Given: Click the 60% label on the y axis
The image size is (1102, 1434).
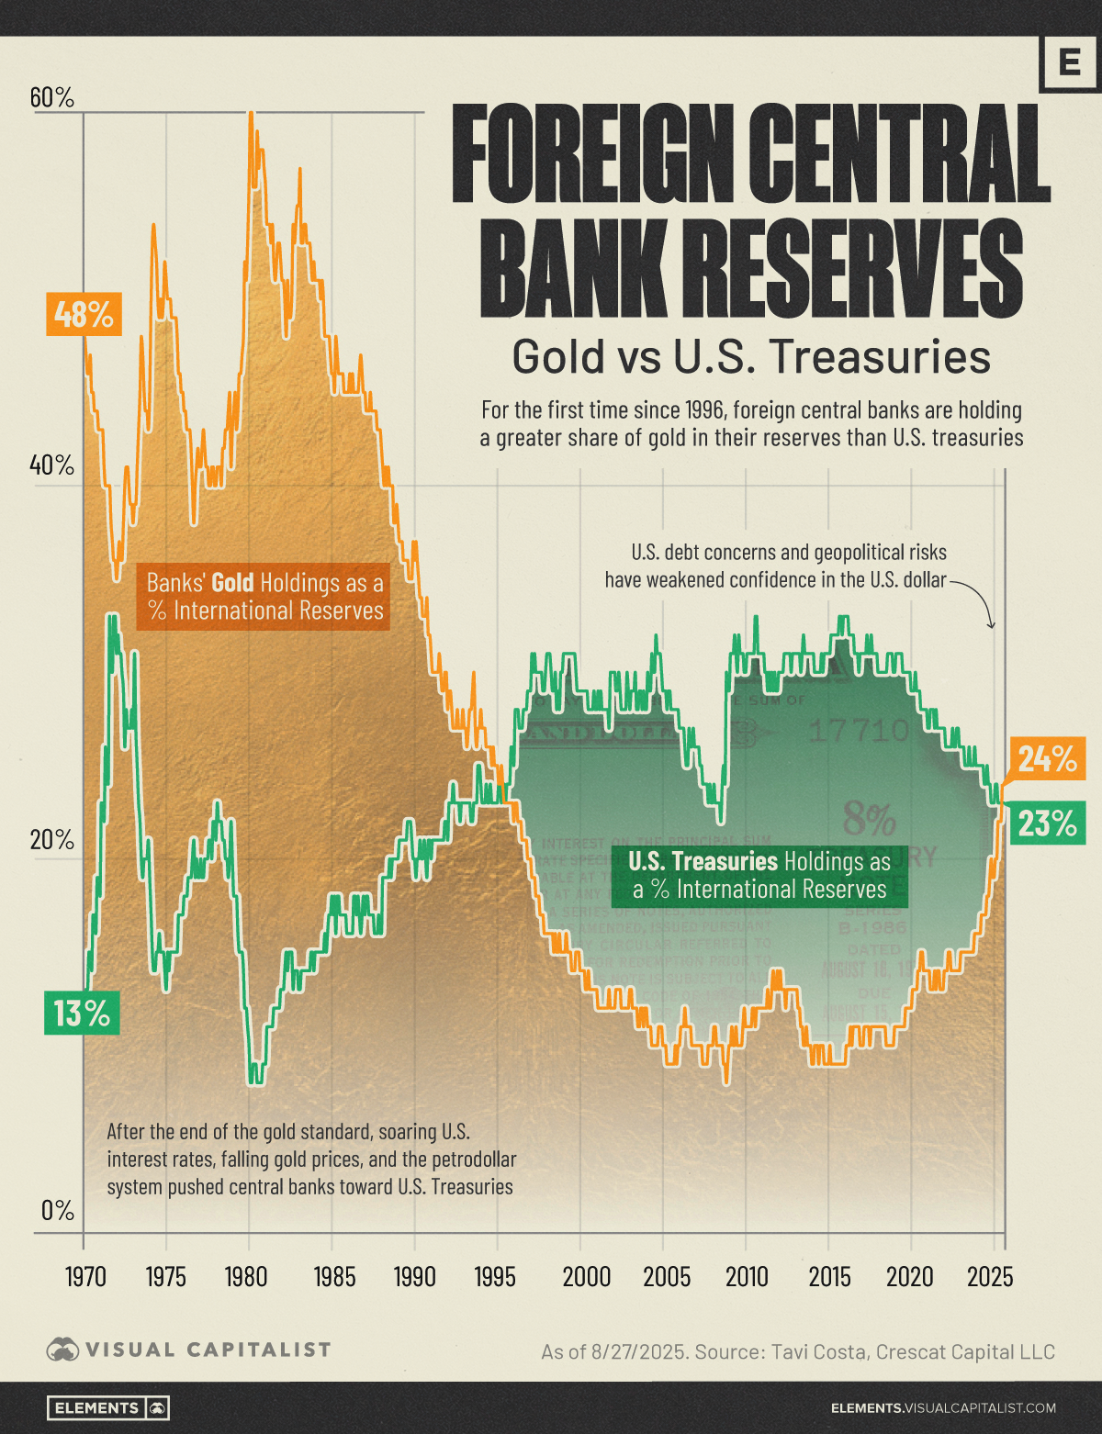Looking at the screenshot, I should tap(52, 97).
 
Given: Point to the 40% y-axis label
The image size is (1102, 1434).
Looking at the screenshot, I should tap(52, 465).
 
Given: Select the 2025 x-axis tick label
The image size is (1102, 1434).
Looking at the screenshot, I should tap(990, 1276).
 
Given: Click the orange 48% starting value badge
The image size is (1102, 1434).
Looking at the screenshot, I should tap(84, 315).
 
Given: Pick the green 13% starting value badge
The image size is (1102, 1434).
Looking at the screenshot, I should tap(82, 1014).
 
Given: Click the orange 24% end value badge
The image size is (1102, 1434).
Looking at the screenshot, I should tap(1047, 758).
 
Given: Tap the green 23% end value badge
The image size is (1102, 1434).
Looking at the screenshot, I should tap(1047, 823).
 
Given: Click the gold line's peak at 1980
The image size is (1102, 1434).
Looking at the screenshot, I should tap(250, 114).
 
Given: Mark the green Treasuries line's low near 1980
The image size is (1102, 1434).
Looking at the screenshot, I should tap(255, 1081).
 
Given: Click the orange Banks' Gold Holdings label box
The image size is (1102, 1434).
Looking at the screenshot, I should tap(264, 597).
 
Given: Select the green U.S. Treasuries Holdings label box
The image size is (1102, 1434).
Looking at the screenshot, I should tap(759, 876).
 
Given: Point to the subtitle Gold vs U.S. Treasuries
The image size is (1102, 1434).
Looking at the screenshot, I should tap(751, 357).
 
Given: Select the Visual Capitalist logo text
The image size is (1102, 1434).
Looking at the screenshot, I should tap(208, 1350).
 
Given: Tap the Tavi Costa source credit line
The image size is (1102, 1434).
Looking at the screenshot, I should tap(797, 1351).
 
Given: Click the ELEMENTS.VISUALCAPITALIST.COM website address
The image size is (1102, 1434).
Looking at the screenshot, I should tap(943, 1407).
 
